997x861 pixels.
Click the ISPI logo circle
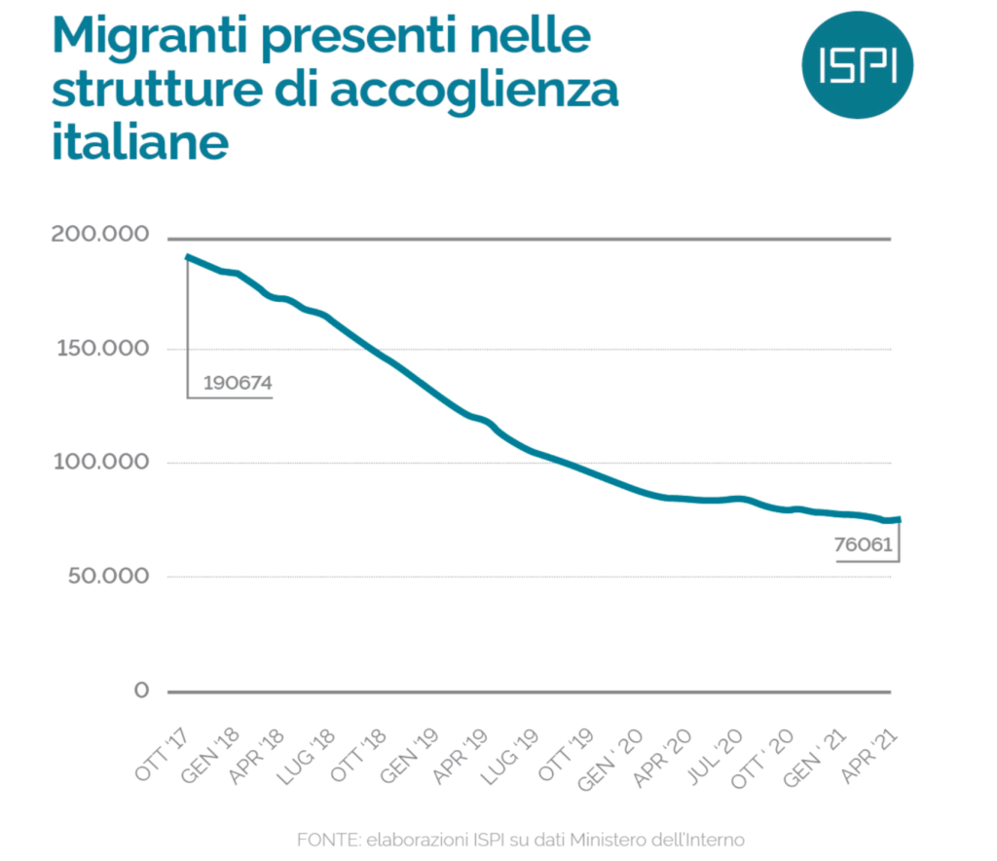tap(857, 61)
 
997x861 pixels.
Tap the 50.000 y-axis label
tap(108, 576)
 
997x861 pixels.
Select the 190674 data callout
tap(238, 383)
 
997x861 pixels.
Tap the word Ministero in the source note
tap(607, 839)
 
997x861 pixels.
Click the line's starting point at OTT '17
tap(187, 257)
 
